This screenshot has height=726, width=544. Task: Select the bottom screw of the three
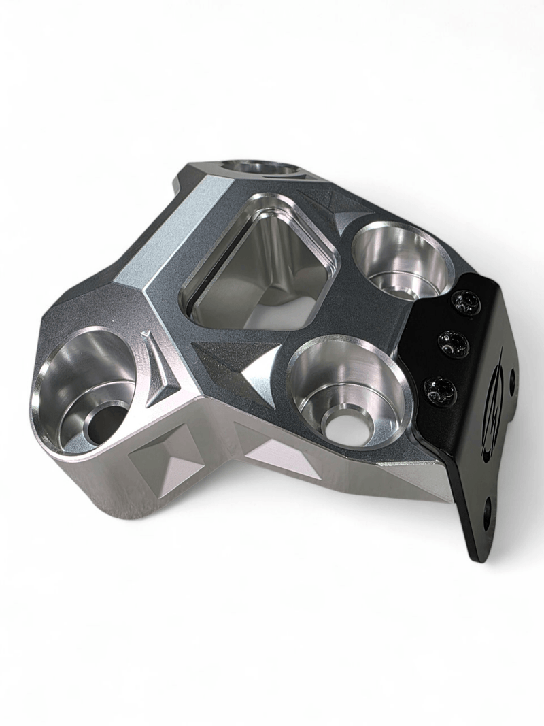pyautogui.click(x=440, y=391)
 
